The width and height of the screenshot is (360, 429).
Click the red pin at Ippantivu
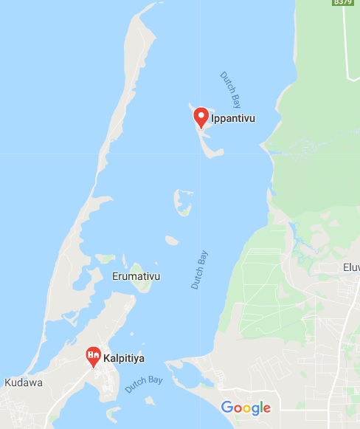(201, 117)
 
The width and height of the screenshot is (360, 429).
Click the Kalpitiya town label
(124, 358)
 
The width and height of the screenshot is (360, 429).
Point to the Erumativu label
(136, 277)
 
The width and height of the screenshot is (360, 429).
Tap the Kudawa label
(23, 382)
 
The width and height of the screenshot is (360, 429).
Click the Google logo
(246, 408)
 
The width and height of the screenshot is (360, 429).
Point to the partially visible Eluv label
(350, 267)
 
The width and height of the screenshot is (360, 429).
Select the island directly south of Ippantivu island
(182, 202)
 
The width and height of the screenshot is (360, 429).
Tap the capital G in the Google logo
(227, 407)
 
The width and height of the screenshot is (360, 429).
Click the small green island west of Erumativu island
(105, 259)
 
